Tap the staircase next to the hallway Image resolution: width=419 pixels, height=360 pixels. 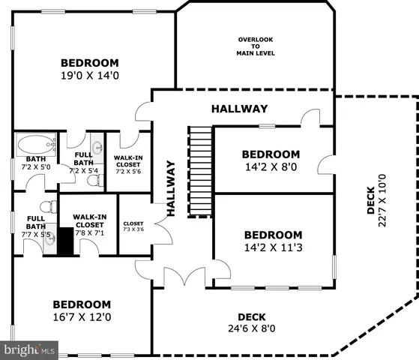tap(200, 171)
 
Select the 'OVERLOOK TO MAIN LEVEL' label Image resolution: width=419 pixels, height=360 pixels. tap(256, 46)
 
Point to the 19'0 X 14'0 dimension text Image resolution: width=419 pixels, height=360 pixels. tap(90, 76)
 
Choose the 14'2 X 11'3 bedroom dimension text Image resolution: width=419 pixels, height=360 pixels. tap(273, 247)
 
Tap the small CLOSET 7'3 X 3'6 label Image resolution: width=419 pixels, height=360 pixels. tap(133, 226)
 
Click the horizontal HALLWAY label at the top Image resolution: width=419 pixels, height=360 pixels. tap(239, 109)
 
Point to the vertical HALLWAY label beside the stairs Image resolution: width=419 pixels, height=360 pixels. tap(171, 189)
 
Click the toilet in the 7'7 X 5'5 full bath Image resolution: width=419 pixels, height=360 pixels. tap(46, 206)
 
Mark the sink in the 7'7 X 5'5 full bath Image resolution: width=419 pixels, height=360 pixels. tap(49, 241)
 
